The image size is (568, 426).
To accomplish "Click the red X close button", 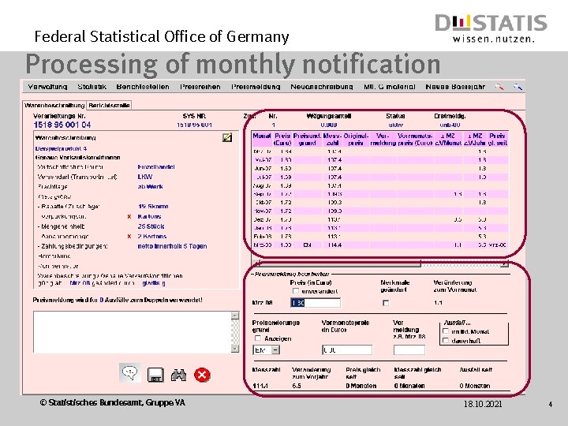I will click(x=203, y=374).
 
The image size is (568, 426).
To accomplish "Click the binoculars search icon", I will click(x=178, y=374).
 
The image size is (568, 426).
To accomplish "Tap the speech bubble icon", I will click(x=130, y=372).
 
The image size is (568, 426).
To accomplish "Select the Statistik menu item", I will click(x=92, y=87).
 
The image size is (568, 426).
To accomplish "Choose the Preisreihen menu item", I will click(x=200, y=87).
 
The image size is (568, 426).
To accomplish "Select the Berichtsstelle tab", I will click(x=109, y=105).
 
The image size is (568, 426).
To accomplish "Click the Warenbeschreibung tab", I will click(x=54, y=105).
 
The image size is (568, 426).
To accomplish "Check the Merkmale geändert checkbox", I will click(x=386, y=302).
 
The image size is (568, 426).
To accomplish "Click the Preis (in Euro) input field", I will click(x=316, y=302).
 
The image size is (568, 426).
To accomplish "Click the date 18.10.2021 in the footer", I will click(x=484, y=405).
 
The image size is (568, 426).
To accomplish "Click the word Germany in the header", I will click(x=262, y=36).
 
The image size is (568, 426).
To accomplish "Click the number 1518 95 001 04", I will click(x=62, y=125).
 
